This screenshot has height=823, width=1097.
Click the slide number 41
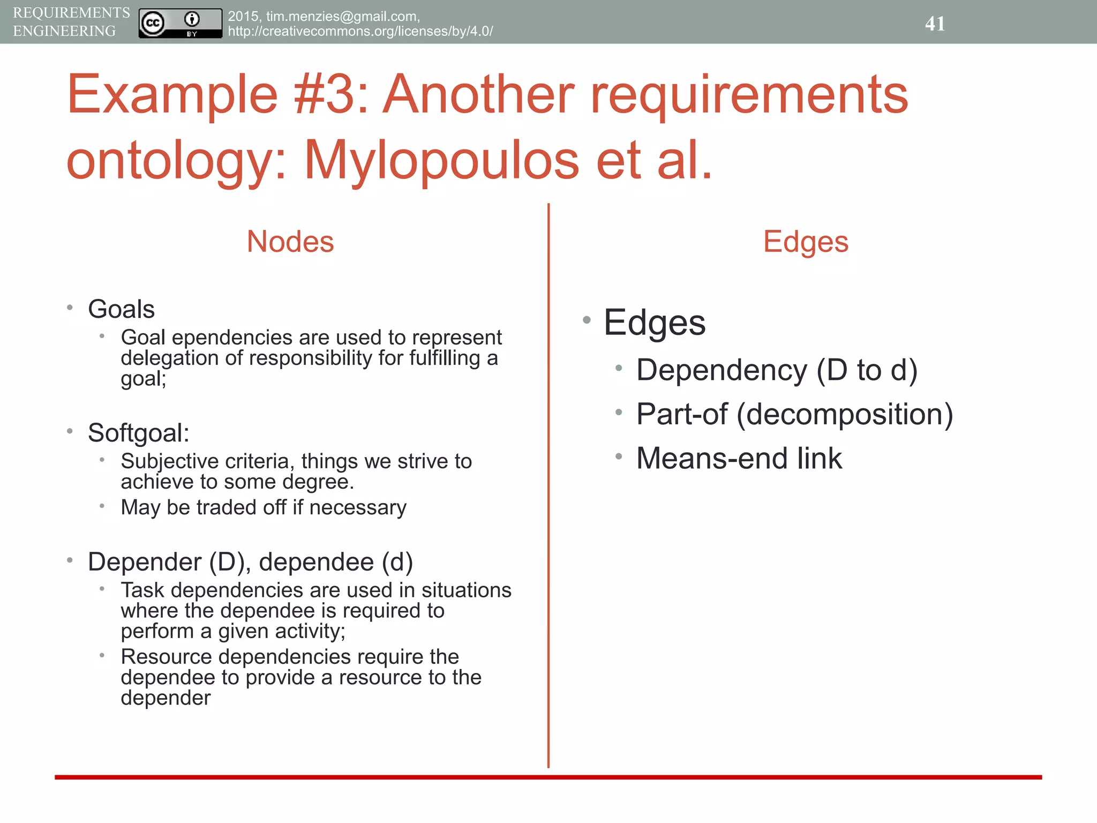point(935,24)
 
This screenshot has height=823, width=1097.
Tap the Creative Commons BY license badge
point(180,23)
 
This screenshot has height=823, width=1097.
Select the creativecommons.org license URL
point(360,31)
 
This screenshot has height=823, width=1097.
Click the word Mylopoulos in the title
point(441,160)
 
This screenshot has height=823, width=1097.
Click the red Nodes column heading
point(290,242)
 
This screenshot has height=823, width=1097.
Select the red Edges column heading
point(806,242)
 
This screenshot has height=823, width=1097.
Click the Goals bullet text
point(121,309)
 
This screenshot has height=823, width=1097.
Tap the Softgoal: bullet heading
point(138,433)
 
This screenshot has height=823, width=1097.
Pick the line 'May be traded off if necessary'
point(263,507)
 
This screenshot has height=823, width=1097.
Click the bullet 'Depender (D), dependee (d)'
point(250,562)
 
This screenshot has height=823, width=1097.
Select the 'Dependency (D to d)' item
point(777,370)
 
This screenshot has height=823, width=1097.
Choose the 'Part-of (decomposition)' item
point(794,414)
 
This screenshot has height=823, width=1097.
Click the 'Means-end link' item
point(739,459)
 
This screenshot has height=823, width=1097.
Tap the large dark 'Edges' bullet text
point(655,323)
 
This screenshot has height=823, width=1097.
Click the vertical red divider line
point(548,482)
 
